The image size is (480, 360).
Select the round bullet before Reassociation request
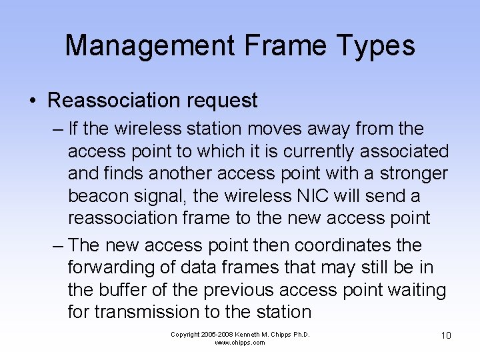[33, 101]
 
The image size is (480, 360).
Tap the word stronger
[413, 174]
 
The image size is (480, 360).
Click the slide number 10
[446, 335]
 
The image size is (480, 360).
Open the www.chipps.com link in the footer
[240, 343]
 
